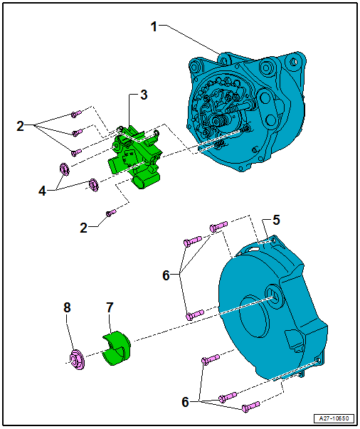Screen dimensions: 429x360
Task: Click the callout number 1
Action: [154, 27]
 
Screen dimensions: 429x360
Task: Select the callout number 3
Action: [144, 95]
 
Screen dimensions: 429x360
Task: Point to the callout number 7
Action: [110, 307]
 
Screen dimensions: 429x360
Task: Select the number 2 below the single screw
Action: [84, 228]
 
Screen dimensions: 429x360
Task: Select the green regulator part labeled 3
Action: [135, 157]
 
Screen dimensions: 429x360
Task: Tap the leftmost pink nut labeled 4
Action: [63, 169]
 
